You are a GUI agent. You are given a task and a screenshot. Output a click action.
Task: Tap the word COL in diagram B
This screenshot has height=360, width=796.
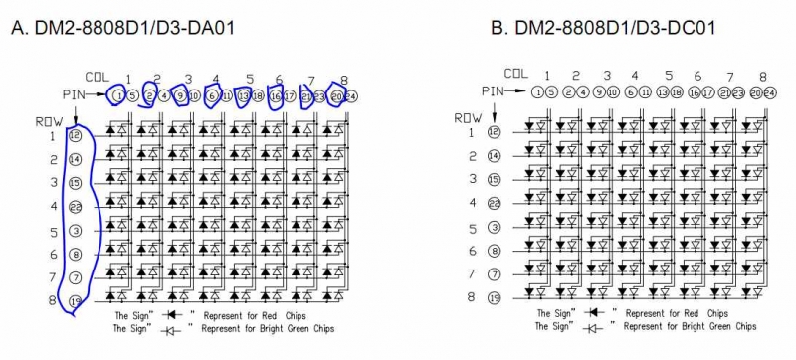[x=516, y=73]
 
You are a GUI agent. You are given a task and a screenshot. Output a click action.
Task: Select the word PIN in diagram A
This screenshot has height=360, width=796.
[x=75, y=95]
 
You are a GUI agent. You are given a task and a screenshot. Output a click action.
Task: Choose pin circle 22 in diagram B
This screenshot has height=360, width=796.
[x=494, y=203]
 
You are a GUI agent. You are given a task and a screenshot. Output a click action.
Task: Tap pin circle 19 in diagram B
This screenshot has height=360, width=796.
[x=494, y=296]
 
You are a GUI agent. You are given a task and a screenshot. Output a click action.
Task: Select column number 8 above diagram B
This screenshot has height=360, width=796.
[x=762, y=76]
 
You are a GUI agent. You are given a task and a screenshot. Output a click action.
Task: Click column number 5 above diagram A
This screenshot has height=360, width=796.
[x=249, y=79]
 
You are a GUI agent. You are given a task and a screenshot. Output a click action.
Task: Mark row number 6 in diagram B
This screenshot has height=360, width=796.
[x=473, y=251]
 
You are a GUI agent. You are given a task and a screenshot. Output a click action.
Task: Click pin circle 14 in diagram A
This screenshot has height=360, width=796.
[x=76, y=158]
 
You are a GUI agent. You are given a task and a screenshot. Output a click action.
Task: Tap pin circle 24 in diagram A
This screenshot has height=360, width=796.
[x=351, y=95]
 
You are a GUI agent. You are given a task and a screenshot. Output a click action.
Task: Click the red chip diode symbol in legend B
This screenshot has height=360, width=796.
[x=593, y=312]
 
